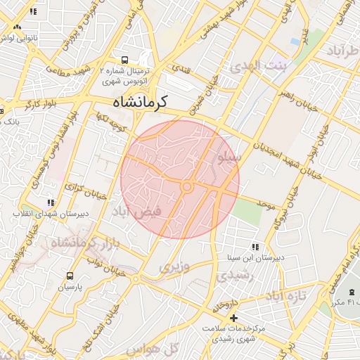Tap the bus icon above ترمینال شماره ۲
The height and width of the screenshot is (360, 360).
click(124, 60)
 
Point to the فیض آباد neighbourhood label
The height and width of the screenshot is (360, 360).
click(137, 211)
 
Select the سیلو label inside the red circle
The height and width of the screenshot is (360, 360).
click(229, 159)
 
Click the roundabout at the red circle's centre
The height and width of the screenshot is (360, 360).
click(187, 186)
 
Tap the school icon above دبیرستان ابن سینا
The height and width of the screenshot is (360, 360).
click(255, 247)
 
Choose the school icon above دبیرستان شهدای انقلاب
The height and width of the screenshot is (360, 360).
click(49, 202)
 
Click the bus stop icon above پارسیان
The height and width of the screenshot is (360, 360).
click(70, 276)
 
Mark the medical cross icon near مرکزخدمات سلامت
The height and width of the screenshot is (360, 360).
click(234, 319)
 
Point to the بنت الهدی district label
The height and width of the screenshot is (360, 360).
click(255, 67)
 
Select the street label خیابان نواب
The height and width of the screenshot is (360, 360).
click(101, 267)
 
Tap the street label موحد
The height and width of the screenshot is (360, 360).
click(264, 204)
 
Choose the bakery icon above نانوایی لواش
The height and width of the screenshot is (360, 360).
click(17, 27)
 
